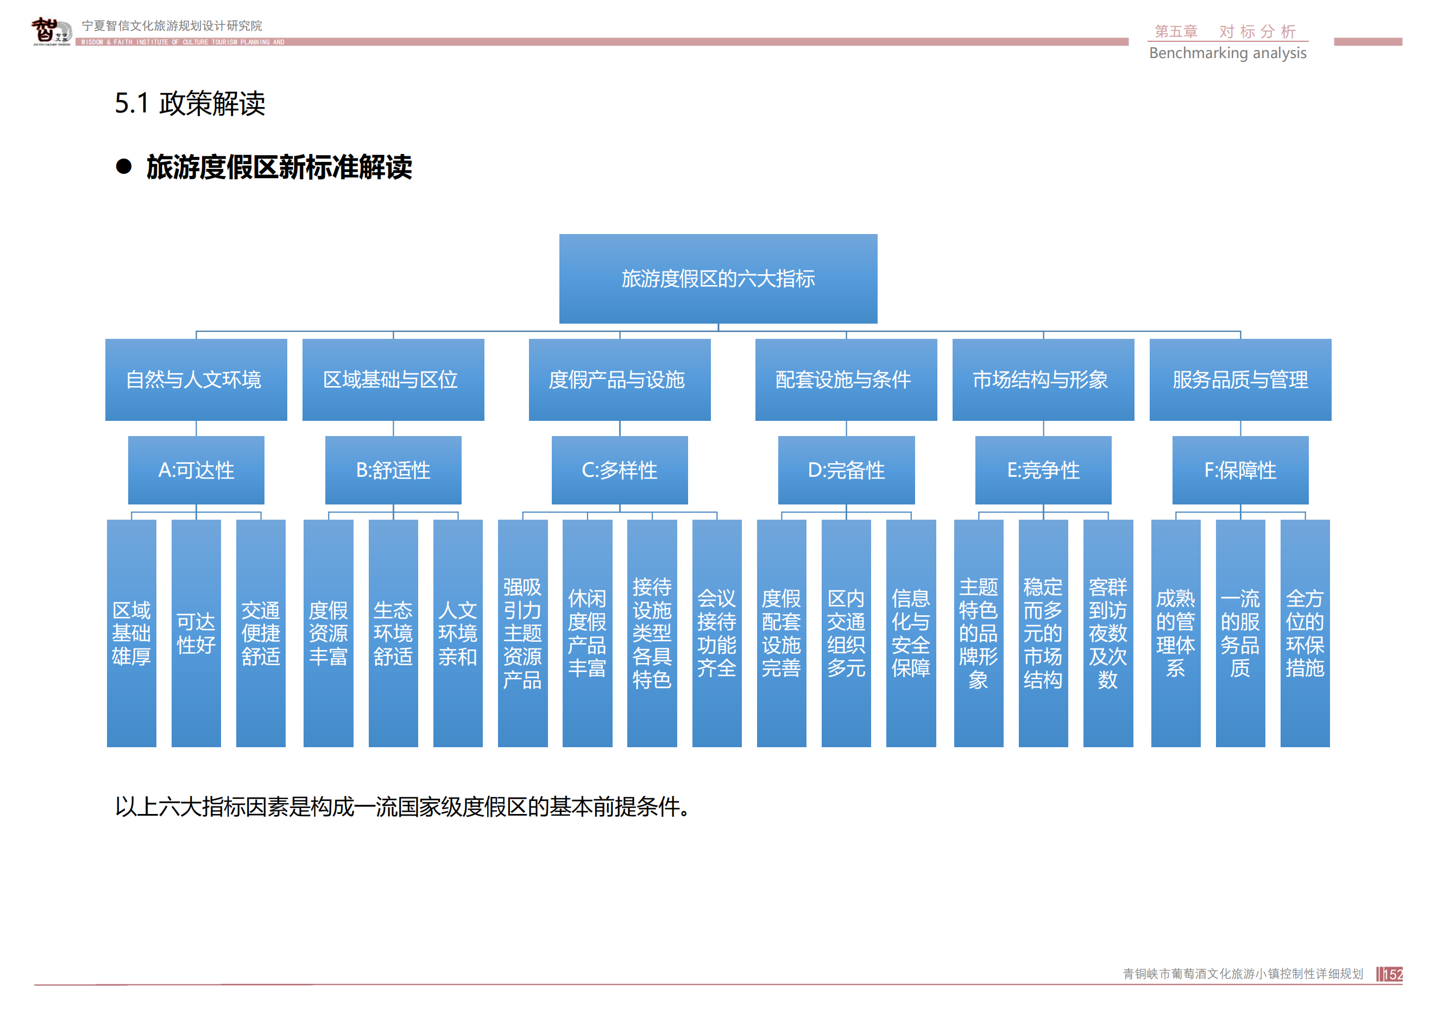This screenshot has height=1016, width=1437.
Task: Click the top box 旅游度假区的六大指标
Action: (718, 279)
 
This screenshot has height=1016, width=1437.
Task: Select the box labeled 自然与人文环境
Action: (196, 379)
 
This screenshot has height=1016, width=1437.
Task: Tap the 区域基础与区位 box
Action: (393, 379)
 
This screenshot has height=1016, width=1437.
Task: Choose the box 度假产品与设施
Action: (619, 379)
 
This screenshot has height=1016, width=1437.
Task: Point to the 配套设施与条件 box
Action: (846, 379)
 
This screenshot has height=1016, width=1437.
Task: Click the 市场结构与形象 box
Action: (1043, 379)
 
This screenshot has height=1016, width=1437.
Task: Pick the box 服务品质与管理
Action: (1240, 379)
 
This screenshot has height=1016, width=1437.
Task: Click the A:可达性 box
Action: (196, 470)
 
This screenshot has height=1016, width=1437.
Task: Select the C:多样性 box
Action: (619, 470)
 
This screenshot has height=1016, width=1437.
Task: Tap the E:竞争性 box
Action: (1043, 470)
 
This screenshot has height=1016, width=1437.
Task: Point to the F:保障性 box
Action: (1240, 470)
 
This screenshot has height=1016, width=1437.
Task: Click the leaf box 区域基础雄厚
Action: (131, 633)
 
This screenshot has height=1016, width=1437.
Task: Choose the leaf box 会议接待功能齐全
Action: (717, 633)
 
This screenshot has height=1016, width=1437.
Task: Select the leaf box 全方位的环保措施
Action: (1304, 633)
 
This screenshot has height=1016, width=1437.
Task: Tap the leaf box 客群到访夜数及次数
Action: (1108, 633)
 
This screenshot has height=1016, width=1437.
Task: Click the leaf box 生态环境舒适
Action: (393, 633)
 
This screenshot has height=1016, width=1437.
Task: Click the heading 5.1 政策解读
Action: (190, 103)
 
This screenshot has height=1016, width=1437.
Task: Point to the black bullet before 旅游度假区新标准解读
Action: (124, 166)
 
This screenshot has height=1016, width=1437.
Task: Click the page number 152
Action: (1392, 974)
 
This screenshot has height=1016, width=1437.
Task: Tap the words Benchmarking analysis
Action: (1227, 53)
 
